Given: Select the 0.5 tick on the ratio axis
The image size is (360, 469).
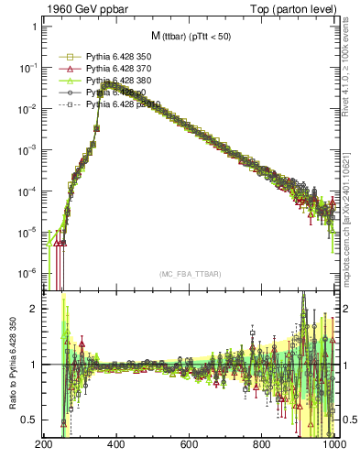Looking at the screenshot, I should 28,420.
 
